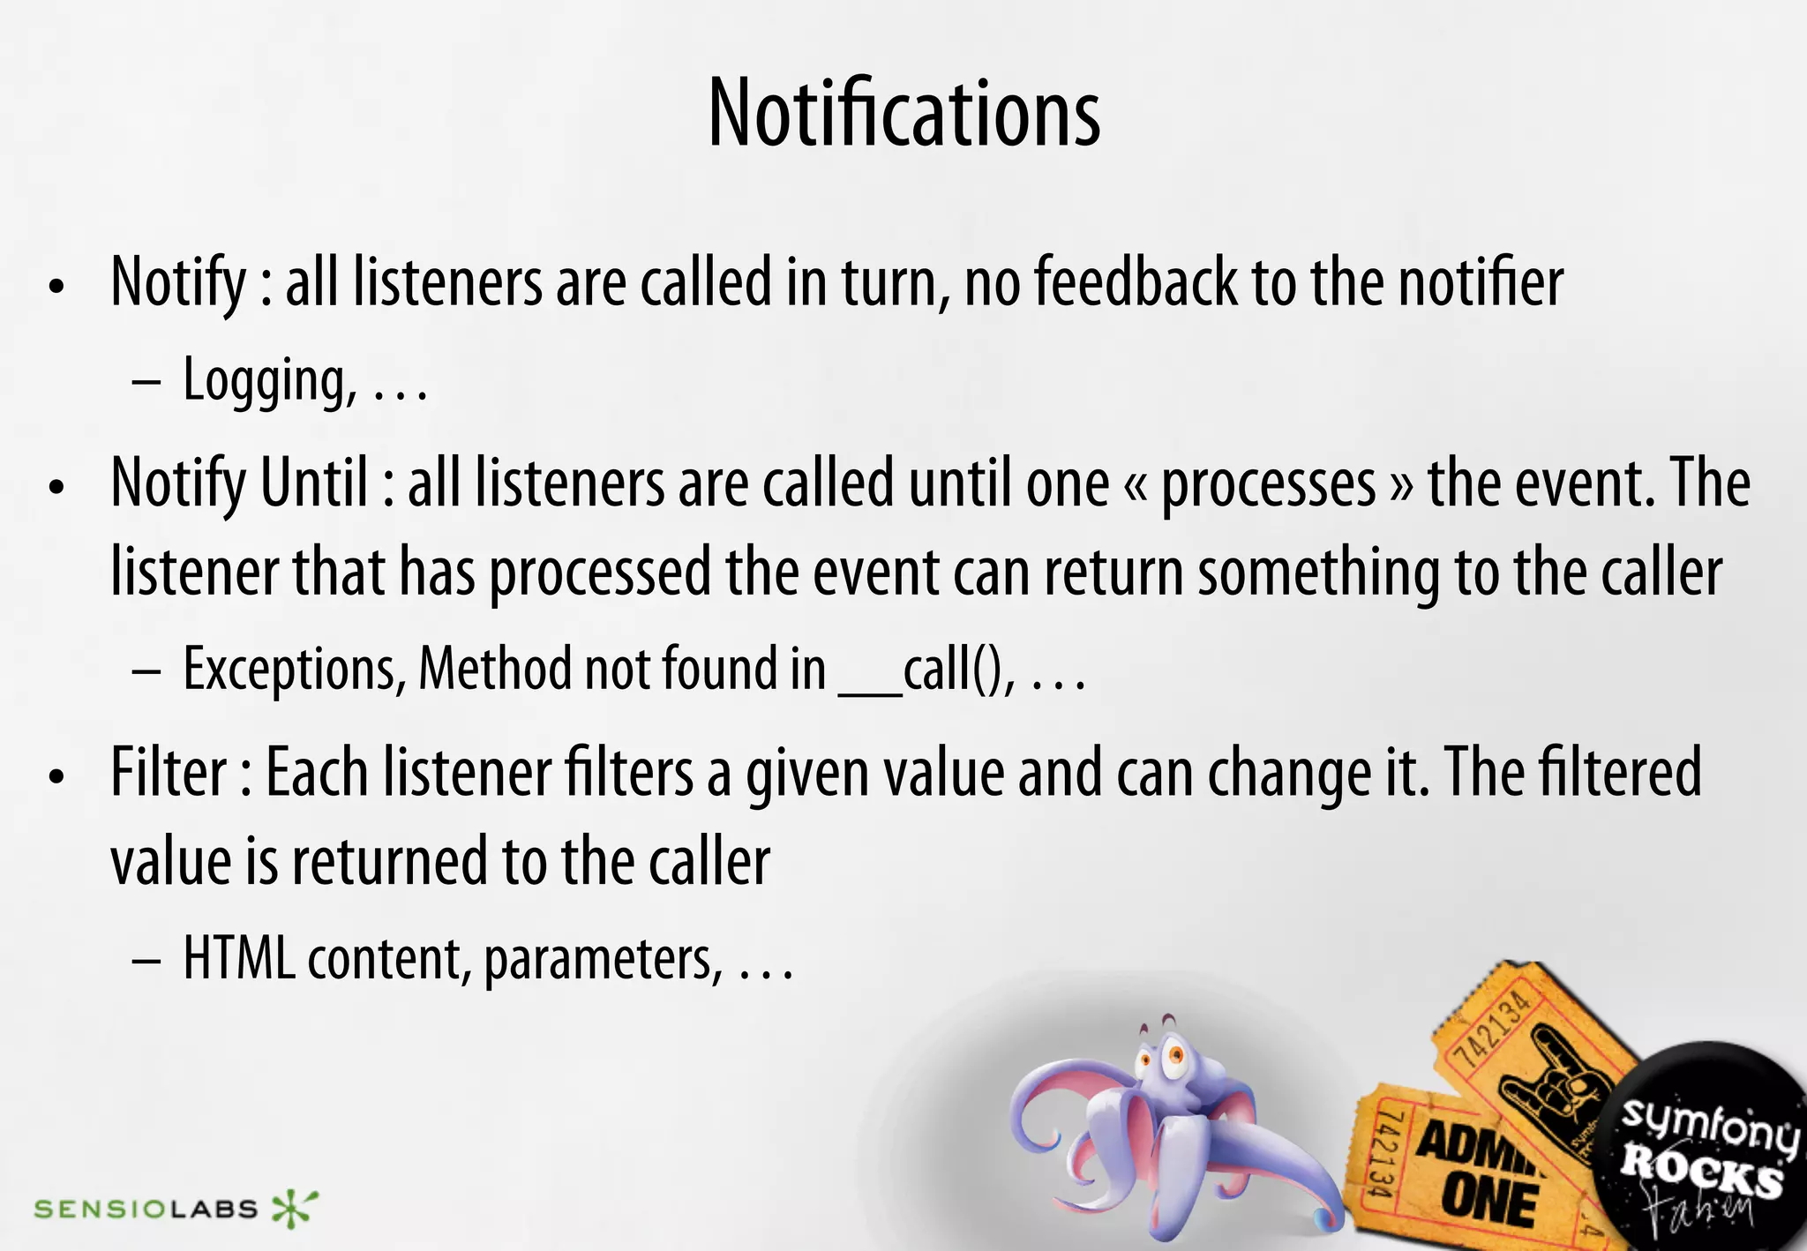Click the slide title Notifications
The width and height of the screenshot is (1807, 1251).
click(x=903, y=113)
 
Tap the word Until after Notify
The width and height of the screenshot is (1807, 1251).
click(x=313, y=483)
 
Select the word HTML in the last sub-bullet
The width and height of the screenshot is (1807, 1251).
click(x=239, y=958)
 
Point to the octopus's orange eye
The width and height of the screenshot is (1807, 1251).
click(x=1175, y=1053)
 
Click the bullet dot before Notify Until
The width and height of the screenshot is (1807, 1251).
click(x=57, y=487)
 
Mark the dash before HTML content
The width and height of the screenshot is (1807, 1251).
click(x=146, y=960)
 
